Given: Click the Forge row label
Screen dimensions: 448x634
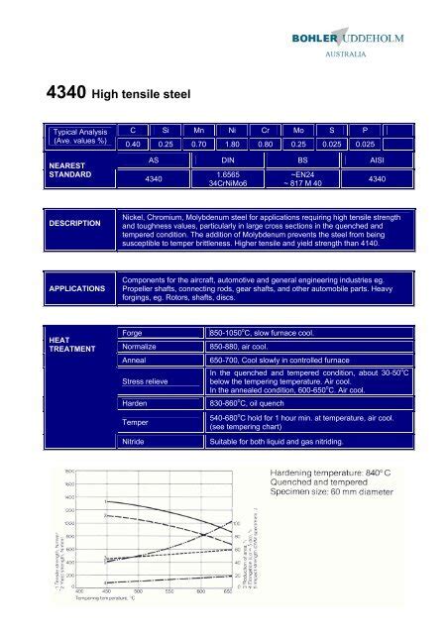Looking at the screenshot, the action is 131,333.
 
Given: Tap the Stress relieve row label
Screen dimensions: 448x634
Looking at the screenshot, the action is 144,380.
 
